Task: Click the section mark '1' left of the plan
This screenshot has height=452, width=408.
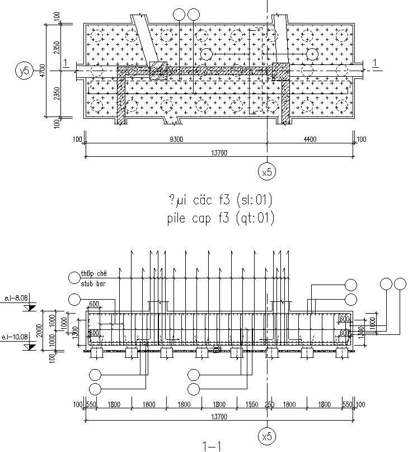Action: click(65, 62)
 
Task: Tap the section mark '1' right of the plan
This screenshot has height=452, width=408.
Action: click(374, 62)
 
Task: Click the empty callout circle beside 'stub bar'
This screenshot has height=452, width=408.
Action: click(75, 278)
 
